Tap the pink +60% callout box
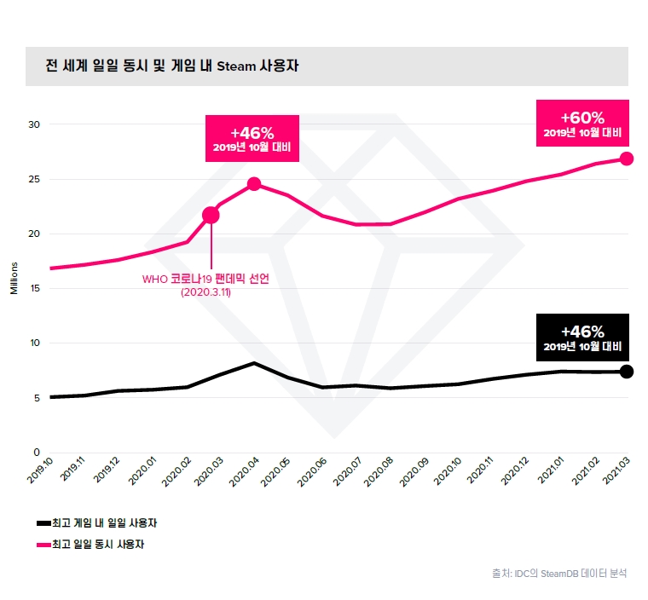[x=582, y=124]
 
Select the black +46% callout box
[x=582, y=337]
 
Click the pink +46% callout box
[x=252, y=139]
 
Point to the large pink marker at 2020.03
[x=211, y=215]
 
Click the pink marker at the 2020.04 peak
[x=254, y=184]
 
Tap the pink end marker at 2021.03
[x=626, y=159]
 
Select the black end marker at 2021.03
[x=626, y=371]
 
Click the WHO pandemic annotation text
[x=205, y=285]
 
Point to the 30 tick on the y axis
[x=34, y=124]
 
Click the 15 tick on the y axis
[x=34, y=288]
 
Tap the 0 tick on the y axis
[x=37, y=453]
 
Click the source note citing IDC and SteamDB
[x=558, y=574]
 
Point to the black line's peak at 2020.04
[x=254, y=363]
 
